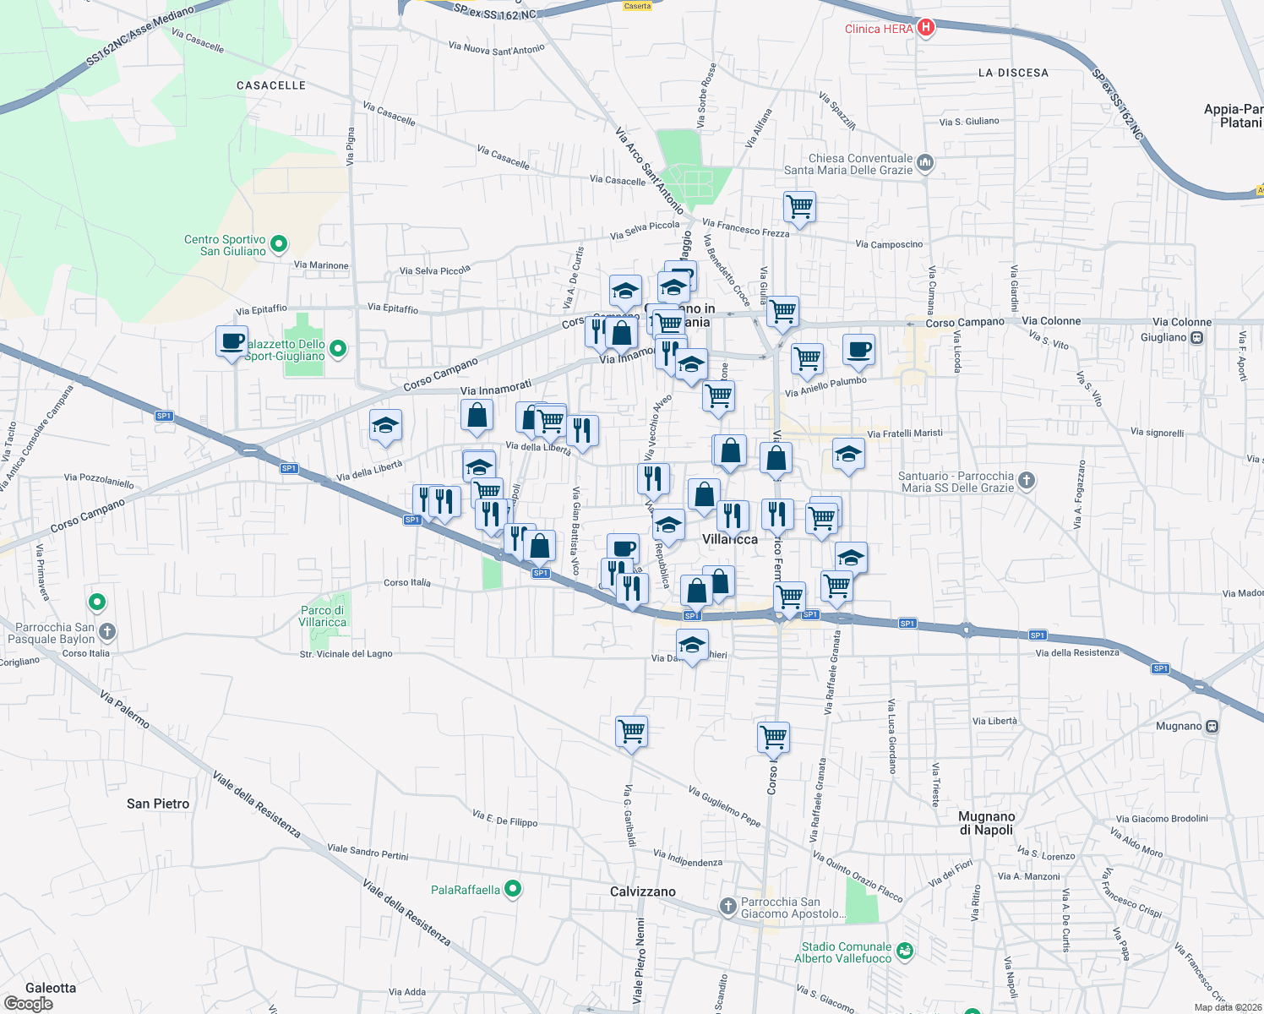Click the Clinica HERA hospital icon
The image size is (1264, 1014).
pos(926,28)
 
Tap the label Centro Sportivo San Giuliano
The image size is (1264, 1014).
pos(226,245)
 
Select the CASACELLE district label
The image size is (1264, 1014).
pos(271,85)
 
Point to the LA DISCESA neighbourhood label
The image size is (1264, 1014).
pos(1013,73)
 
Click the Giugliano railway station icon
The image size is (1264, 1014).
pos(1196,337)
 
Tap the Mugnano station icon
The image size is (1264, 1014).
pos(1212,726)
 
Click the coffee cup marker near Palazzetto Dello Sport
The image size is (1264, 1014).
pos(232,342)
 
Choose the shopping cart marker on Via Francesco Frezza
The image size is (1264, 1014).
pos(798,205)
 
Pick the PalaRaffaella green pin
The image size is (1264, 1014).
pos(512,889)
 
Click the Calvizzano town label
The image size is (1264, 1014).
pos(643,891)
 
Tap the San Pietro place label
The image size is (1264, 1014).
pos(158,804)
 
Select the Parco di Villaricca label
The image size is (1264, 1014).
pos(322,616)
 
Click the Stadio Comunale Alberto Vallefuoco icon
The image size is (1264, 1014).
pos(905,951)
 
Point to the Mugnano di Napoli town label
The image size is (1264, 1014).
pos(986,823)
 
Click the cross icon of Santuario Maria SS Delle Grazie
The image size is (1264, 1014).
pos(1027,481)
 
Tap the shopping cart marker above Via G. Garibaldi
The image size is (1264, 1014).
pos(632,731)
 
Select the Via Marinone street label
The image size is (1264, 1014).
pos(321,265)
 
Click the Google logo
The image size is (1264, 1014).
pos(28,1004)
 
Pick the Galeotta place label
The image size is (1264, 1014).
pos(51,988)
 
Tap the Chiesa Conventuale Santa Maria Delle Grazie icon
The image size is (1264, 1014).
pos(925,162)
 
